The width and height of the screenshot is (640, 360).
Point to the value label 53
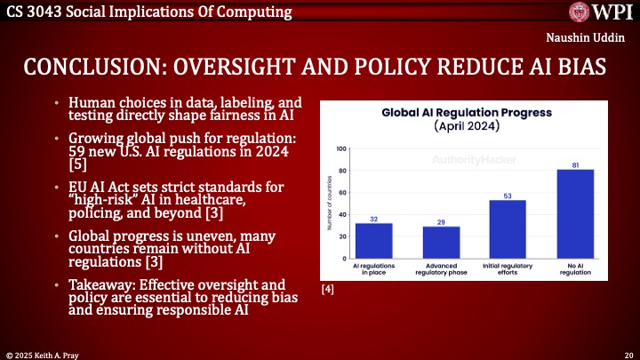pos(508,195)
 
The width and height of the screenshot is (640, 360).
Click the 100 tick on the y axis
pos(342,148)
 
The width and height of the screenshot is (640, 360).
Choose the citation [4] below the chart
pos(328,289)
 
